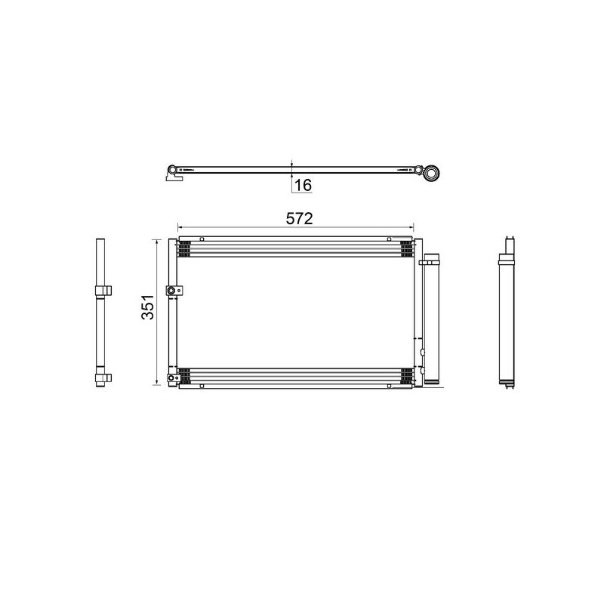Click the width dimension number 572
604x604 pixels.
pos(298,218)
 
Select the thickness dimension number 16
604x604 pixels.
pos(302,184)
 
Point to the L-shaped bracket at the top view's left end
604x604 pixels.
pos(173,178)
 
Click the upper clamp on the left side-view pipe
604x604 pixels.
pos(102,291)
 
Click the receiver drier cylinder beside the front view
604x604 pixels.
pos(431,321)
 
